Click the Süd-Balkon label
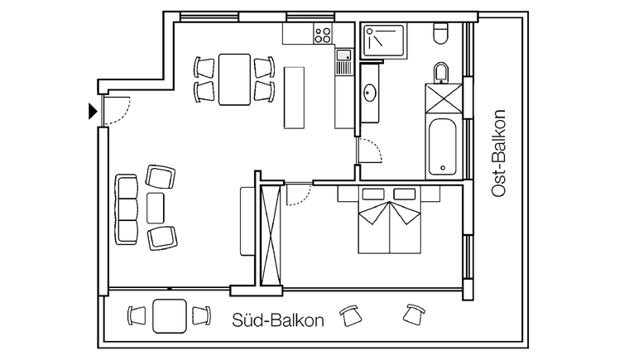278,319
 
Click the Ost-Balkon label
498,153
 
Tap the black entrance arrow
93,111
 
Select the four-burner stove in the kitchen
323,34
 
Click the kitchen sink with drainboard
343,62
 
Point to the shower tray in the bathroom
384,41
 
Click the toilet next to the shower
440,33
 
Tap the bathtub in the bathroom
443,146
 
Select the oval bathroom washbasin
370,93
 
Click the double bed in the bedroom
389,219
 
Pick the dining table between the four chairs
234,79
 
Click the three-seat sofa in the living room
127,209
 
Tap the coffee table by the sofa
156,208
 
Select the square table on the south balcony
170,316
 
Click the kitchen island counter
294,98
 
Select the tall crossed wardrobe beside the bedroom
271,236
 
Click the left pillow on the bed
373,194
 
